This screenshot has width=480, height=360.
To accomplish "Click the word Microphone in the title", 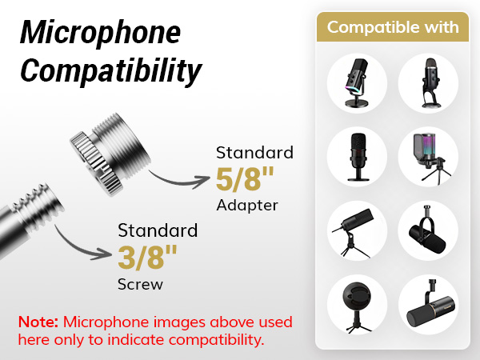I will [100, 34].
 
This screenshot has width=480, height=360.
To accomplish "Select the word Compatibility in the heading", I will [110, 71].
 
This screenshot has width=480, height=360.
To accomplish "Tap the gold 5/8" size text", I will [246, 179].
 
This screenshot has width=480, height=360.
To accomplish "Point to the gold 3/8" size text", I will [148, 258].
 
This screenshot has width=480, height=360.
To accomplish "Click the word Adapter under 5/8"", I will [247, 206].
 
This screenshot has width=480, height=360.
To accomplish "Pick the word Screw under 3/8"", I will [140, 284].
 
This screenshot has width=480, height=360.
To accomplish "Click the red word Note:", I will [38, 322].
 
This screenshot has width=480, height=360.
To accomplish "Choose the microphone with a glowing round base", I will [358, 83].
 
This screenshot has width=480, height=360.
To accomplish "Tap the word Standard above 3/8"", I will [158, 231].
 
